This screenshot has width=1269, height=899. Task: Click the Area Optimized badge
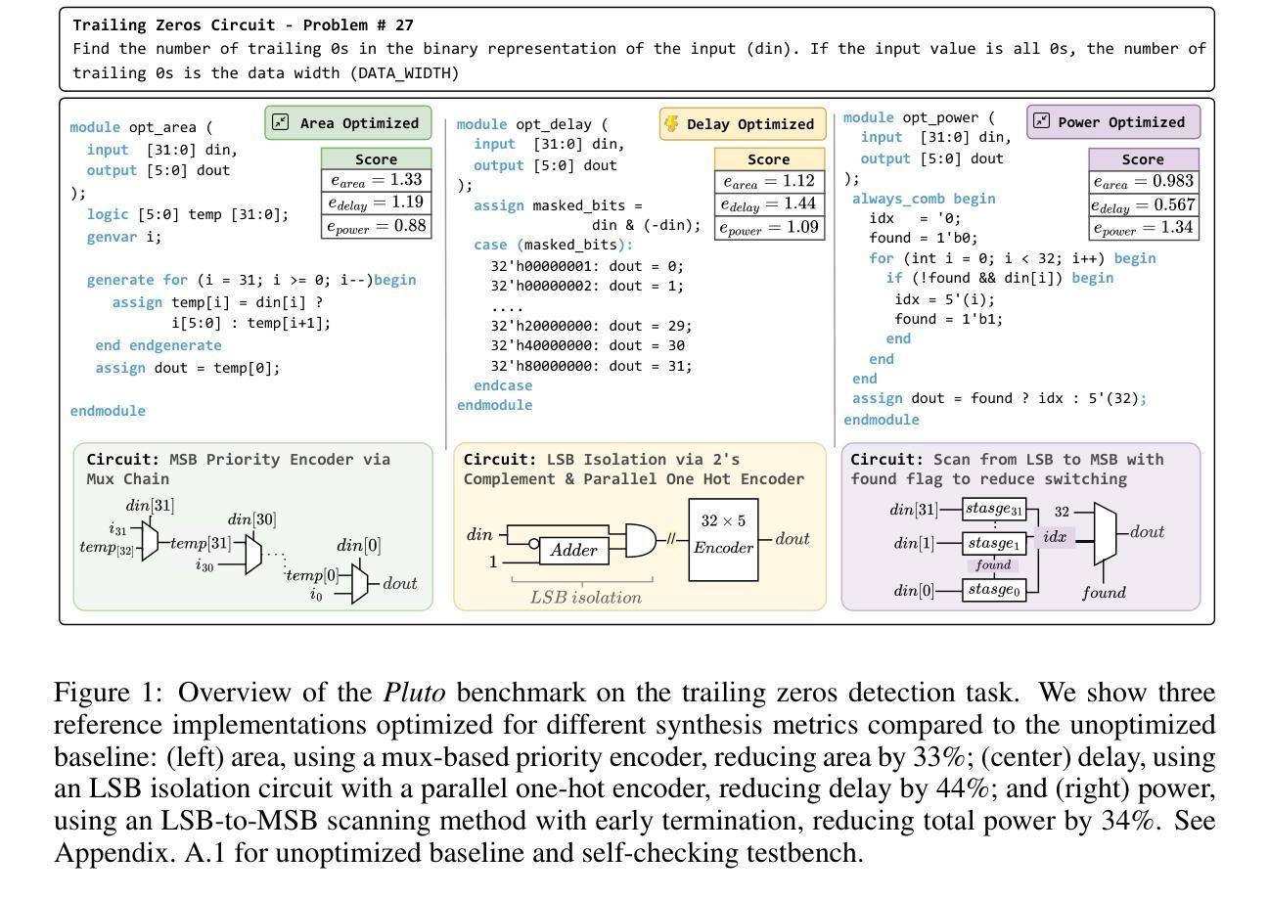[x=348, y=122]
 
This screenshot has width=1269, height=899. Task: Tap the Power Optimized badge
[x=1113, y=122]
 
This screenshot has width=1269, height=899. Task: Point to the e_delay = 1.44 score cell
[x=769, y=204]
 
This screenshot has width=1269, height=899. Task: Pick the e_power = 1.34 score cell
[x=1143, y=229]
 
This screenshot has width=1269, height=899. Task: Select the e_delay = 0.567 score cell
[x=1143, y=204]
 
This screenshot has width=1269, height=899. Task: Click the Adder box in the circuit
[x=573, y=551]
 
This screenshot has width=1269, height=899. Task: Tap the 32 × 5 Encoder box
[x=723, y=539]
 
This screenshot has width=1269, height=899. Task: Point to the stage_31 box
[x=995, y=509]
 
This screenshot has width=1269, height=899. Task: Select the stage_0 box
[x=995, y=590]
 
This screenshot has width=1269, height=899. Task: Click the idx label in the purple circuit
[x=1055, y=537]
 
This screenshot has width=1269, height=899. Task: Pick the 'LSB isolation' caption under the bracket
[x=586, y=597]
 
